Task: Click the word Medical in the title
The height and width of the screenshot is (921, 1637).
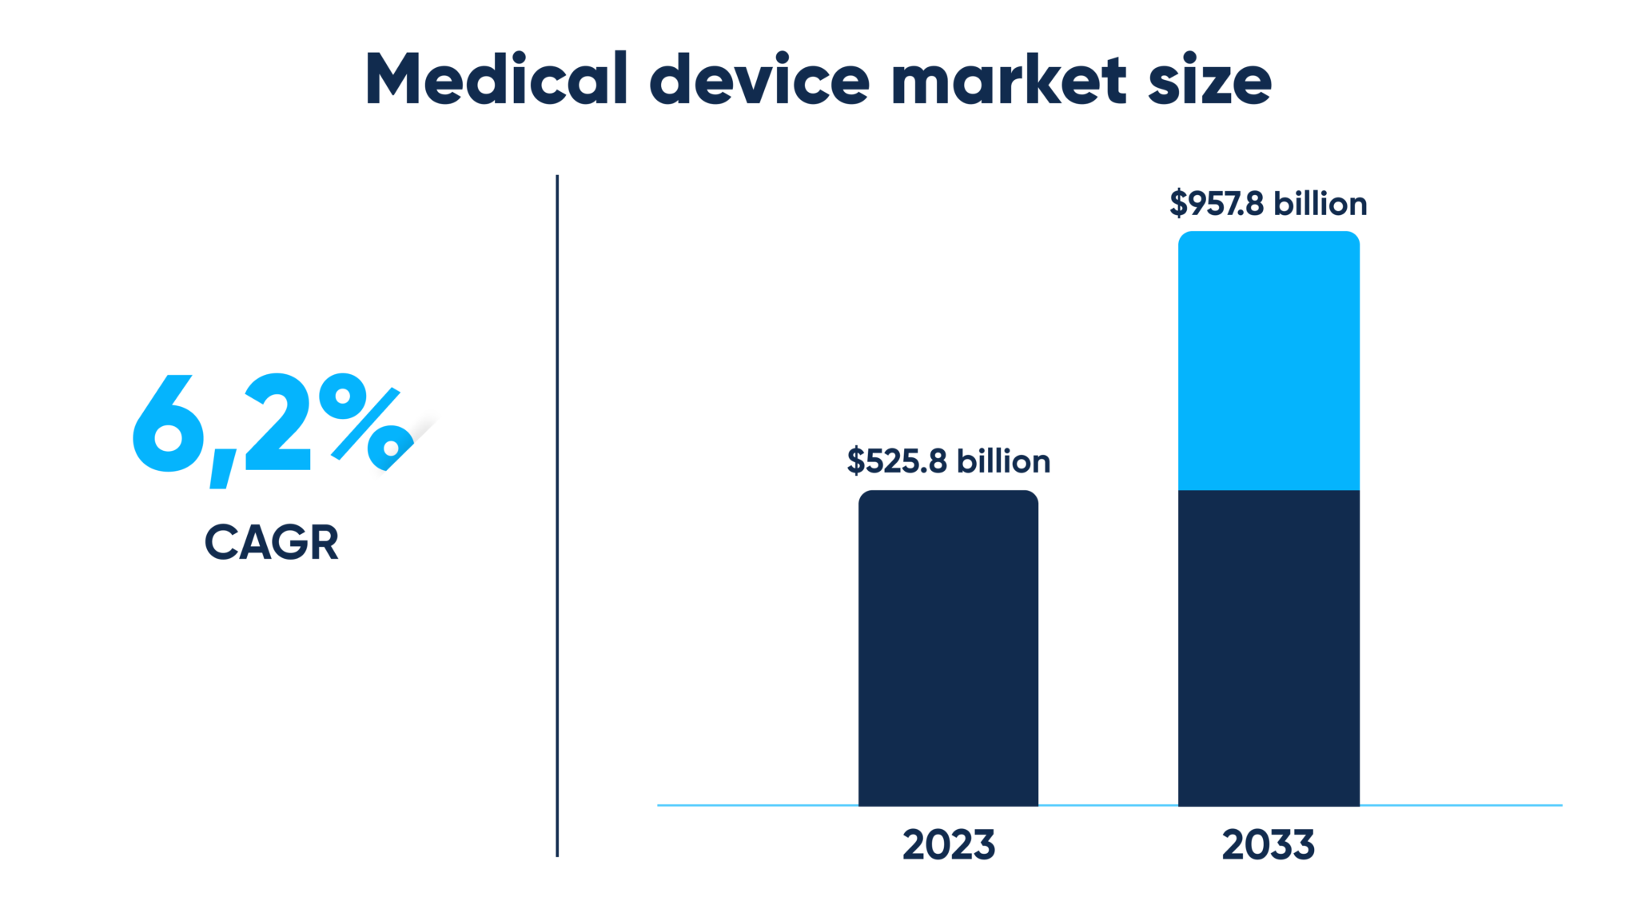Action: click(496, 79)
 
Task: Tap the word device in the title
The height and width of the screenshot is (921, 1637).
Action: click(759, 79)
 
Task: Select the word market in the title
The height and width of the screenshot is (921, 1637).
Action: click(1009, 79)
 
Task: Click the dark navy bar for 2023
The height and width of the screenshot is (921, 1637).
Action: click(948, 648)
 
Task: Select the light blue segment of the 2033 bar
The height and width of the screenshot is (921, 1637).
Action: click(1269, 360)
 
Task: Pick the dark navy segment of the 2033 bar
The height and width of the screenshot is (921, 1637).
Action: click(1269, 648)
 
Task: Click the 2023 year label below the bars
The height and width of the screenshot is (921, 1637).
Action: click(949, 845)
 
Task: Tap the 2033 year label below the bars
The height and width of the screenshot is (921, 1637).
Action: click(1268, 845)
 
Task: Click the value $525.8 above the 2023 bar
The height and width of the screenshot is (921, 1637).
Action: click(897, 461)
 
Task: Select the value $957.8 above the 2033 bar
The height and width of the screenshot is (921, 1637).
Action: click(1217, 204)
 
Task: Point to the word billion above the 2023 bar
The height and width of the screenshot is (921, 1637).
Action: click(1004, 461)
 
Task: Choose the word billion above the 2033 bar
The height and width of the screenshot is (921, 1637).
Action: click(1320, 204)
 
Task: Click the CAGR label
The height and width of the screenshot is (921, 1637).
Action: click(272, 543)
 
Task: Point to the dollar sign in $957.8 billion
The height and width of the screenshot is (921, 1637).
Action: click(1178, 204)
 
